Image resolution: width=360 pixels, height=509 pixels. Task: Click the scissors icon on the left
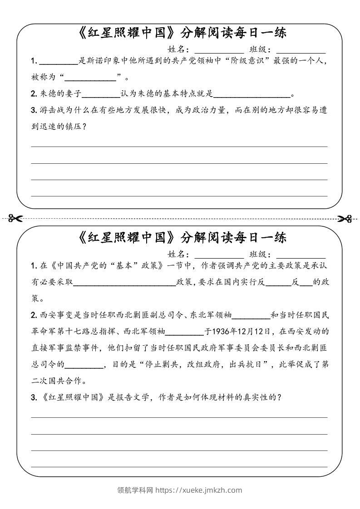[15, 219]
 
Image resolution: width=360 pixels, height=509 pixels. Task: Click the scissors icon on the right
[345, 219]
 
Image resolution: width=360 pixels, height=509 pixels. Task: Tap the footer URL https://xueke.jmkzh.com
[199, 490]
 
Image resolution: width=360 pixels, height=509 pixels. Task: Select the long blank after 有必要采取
[124, 282]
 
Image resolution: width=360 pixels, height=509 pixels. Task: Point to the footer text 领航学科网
[135, 490]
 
